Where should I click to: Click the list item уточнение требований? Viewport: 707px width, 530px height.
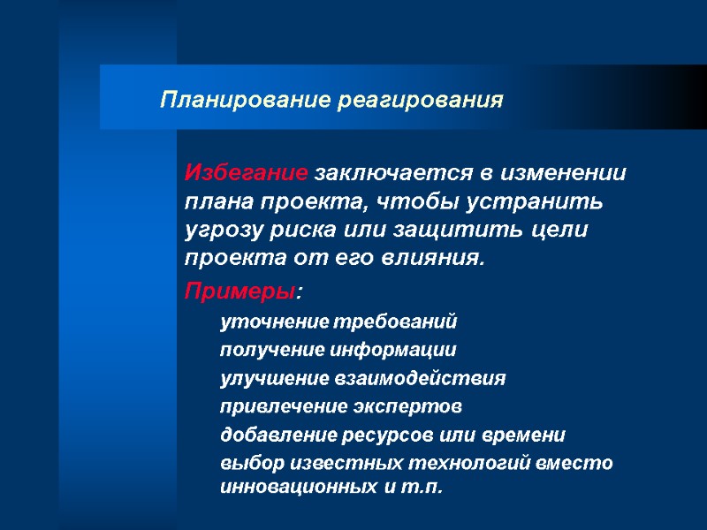tap(339, 321)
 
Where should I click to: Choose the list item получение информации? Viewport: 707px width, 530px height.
tap(338, 349)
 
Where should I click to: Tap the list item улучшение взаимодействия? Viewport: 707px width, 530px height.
tap(362, 378)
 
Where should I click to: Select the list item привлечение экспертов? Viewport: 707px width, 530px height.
tap(340, 406)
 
